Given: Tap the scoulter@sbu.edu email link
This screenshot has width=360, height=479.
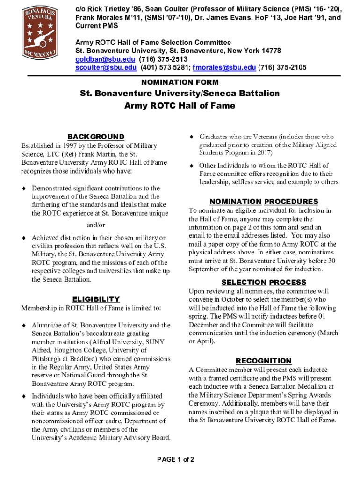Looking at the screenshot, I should [x=106, y=67].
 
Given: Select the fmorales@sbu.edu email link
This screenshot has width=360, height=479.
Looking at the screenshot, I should [x=224, y=67].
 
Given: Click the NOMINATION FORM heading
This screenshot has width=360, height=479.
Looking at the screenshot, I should [x=180, y=82].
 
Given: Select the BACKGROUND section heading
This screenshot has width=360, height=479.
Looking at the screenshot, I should [x=96, y=137].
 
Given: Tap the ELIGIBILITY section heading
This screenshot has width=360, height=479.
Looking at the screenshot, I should [x=96, y=299].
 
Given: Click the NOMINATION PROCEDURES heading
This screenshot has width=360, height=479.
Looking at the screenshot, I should [x=264, y=202].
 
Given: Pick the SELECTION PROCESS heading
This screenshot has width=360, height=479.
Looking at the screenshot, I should [x=264, y=282].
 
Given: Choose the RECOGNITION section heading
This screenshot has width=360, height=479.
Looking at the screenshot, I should [x=264, y=361].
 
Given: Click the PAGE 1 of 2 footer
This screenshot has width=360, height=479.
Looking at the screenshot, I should [x=176, y=459].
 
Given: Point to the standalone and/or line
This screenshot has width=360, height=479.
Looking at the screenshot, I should [x=96, y=225].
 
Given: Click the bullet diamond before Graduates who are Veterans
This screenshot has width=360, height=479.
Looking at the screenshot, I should [x=191, y=137].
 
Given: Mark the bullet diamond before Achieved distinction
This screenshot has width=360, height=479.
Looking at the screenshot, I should [x=24, y=238].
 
